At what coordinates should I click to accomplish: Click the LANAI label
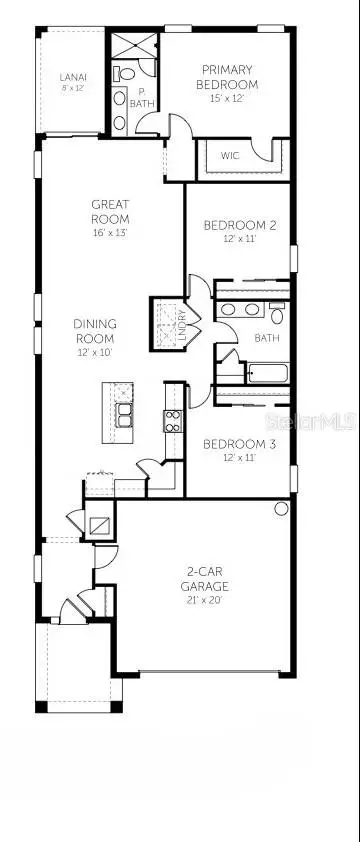pyautogui.click(x=71, y=76)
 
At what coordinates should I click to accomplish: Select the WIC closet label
pyautogui.click(x=230, y=155)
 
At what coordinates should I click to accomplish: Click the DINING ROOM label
pyautogui.click(x=95, y=329)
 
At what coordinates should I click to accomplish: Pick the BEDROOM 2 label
pyautogui.click(x=240, y=225)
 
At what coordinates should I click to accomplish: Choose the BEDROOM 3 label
pyautogui.click(x=239, y=443)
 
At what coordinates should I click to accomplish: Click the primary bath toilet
pyautogui.click(x=120, y=73)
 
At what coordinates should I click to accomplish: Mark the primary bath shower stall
pyautogui.click(x=132, y=46)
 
